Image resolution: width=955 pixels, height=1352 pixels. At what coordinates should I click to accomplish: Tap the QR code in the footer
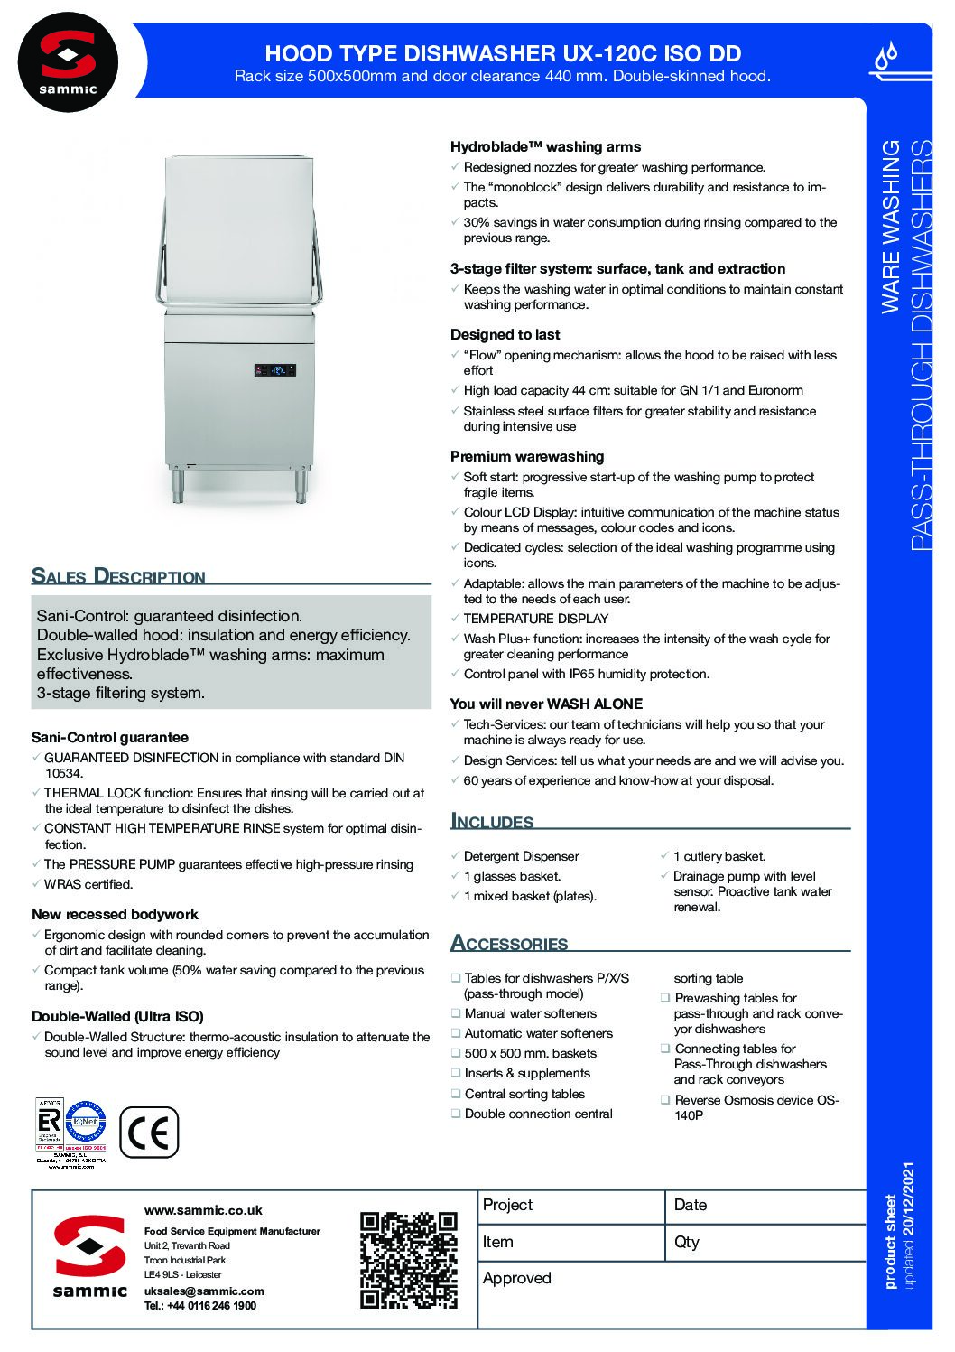409,1259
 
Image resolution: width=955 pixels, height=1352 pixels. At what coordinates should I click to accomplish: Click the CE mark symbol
149,1132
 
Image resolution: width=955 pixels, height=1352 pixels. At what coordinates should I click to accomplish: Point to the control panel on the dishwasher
275,369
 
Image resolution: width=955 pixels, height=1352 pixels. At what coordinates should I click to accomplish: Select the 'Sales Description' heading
118,576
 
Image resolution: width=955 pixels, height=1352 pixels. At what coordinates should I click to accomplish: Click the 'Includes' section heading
492,821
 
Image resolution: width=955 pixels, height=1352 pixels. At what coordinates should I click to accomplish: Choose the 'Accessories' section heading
509,943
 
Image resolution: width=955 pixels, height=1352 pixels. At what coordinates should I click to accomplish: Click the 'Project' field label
507,1205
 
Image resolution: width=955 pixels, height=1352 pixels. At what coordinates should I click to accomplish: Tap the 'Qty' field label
687,1242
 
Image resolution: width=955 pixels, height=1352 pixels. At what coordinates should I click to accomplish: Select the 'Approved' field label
516,1278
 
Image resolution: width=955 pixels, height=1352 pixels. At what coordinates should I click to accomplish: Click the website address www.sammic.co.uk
203,1210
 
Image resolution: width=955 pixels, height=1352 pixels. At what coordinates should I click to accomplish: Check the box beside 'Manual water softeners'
456,1013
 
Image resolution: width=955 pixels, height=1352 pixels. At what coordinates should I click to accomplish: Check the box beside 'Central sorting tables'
456,1094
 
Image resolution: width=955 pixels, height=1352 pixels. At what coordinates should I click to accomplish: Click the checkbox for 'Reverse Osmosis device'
665,1100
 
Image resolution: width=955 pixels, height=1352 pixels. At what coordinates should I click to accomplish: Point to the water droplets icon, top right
888,56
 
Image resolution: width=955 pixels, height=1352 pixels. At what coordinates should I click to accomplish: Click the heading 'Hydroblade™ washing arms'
545,146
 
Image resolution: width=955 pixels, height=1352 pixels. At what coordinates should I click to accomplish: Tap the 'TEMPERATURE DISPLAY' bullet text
535,619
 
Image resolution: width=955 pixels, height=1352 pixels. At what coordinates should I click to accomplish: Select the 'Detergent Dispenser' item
521,856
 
